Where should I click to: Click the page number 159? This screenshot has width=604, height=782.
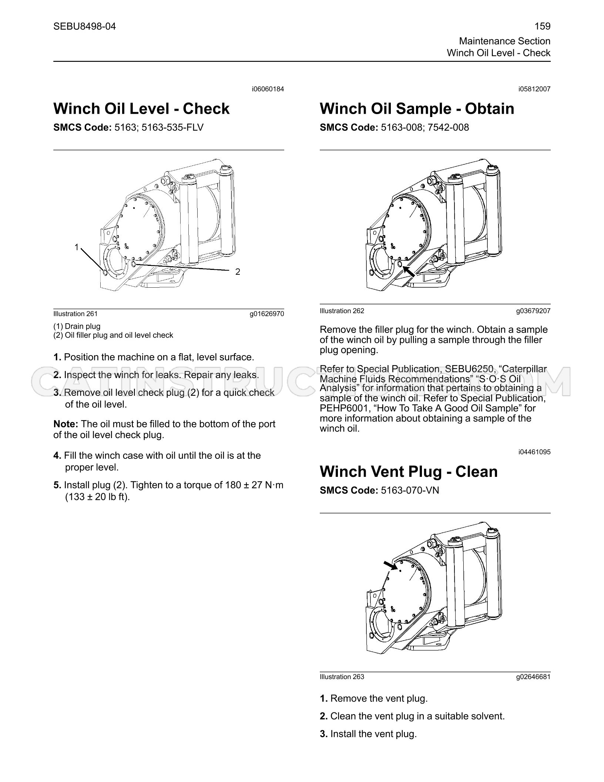(x=543, y=26)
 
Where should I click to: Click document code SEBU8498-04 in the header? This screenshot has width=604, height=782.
(x=84, y=26)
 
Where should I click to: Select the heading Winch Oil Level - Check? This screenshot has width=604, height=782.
(x=141, y=108)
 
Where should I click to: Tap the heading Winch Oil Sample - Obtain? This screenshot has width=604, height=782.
(x=417, y=108)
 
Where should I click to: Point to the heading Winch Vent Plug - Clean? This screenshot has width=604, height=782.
(x=409, y=471)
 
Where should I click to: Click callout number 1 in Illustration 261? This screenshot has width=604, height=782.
(x=77, y=247)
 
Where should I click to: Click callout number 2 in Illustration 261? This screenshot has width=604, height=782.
(x=238, y=272)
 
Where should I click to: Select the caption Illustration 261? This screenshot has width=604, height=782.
(x=75, y=314)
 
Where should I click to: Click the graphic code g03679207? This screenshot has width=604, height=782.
(x=533, y=311)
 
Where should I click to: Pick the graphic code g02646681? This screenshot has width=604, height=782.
(x=533, y=677)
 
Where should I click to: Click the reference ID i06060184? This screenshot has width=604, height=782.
(x=268, y=89)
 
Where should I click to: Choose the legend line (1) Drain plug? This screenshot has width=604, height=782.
(x=77, y=326)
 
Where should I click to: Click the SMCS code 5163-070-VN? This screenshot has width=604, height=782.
(x=410, y=490)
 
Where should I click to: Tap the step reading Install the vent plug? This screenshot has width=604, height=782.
(x=373, y=734)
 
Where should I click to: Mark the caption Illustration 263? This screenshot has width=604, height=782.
(x=342, y=677)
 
